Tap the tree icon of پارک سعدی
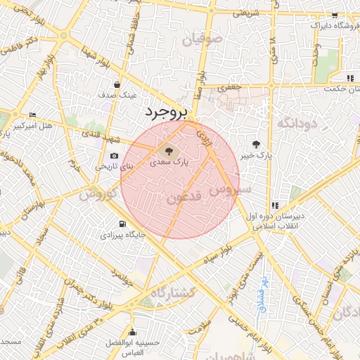click(167, 150)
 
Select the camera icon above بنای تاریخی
click(114, 156)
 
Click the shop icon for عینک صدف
click(116, 85)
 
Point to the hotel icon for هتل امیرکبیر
click(32, 115)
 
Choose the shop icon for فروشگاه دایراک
click(335, 15)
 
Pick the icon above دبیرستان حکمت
click(349, 78)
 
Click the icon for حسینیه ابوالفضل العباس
click(131, 333)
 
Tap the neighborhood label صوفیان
click(202, 39)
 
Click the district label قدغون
click(186, 198)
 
